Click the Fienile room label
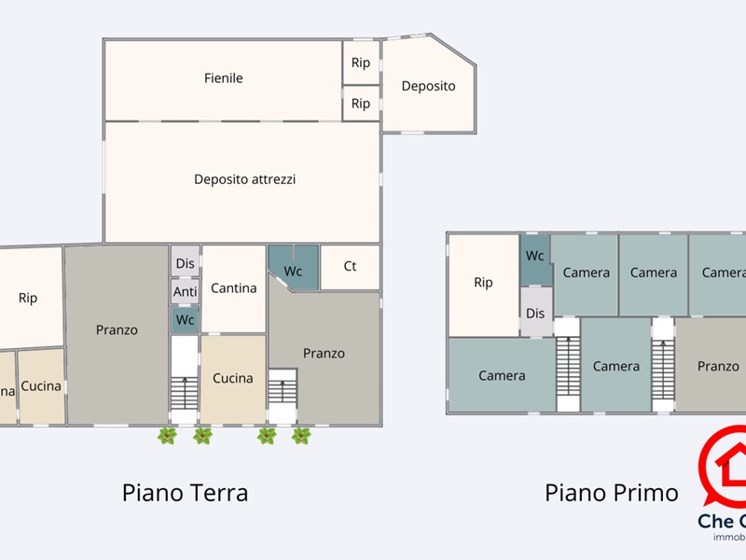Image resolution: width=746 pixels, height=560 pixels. [223, 78]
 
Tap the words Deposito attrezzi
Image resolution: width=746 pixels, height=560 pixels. [244, 179]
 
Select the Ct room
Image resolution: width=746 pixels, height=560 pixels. [350, 267]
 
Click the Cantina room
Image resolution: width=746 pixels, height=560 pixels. [233, 288]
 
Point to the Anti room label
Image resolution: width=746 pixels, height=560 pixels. [185, 292]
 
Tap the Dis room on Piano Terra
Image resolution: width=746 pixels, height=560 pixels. [185, 263]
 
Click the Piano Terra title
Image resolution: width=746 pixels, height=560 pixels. [185, 492]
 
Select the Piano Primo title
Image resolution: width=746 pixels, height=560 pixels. [611, 492]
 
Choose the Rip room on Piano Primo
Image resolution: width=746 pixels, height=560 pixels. [483, 283]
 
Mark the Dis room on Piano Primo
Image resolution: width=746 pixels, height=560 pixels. [535, 314]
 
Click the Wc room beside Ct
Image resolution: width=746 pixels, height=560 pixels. [293, 271]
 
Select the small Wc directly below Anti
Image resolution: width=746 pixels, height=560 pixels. [185, 320]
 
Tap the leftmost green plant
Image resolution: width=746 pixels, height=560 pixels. [167, 435]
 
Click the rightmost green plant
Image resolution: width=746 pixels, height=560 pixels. [300, 435]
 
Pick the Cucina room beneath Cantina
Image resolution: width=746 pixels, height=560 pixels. [232, 378]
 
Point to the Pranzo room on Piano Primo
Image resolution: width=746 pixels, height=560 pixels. [717, 367]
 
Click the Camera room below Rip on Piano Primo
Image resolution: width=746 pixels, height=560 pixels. [502, 376]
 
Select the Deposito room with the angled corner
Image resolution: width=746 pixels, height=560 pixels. [428, 86]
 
